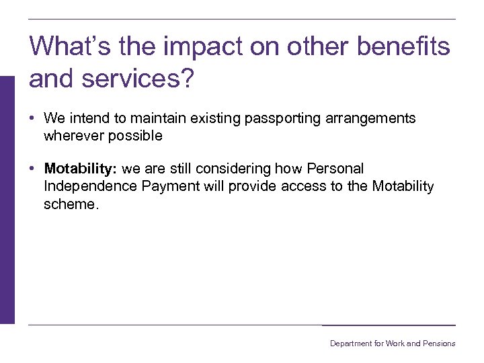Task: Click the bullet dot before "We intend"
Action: click(x=32, y=119)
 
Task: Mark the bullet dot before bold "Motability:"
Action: click(x=32, y=169)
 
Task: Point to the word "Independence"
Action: click(x=91, y=186)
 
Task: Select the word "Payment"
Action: click(x=171, y=186)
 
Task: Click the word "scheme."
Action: click(x=71, y=204)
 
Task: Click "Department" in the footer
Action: click(x=350, y=344)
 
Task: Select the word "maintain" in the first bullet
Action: click(x=157, y=119)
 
